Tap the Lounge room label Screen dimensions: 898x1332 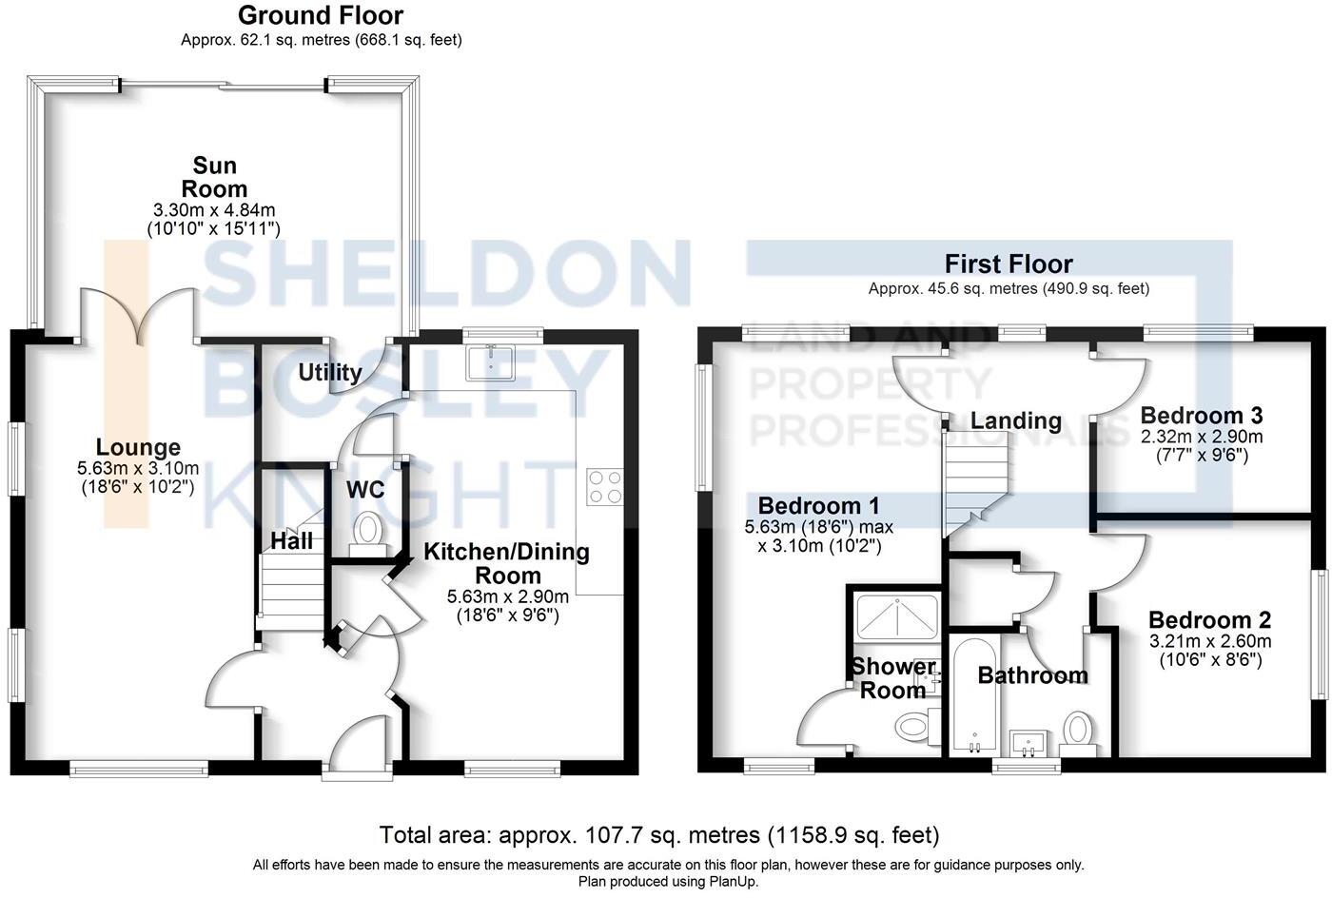[138, 447]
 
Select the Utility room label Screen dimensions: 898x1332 [330, 372]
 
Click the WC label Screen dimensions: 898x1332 [365, 490]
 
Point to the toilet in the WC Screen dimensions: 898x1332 [366, 531]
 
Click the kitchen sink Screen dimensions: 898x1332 [491, 361]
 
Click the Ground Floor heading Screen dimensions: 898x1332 [321, 15]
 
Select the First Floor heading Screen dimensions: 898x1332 [1009, 264]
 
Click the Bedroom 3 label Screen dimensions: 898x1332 [1202, 416]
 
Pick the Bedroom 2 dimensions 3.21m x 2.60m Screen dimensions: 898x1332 [1209, 641]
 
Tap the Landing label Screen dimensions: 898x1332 [1016, 420]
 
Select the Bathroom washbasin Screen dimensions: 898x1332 [1028, 742]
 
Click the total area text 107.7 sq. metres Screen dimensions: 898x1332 [659, 835]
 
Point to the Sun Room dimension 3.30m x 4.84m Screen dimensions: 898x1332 [214, 210]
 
